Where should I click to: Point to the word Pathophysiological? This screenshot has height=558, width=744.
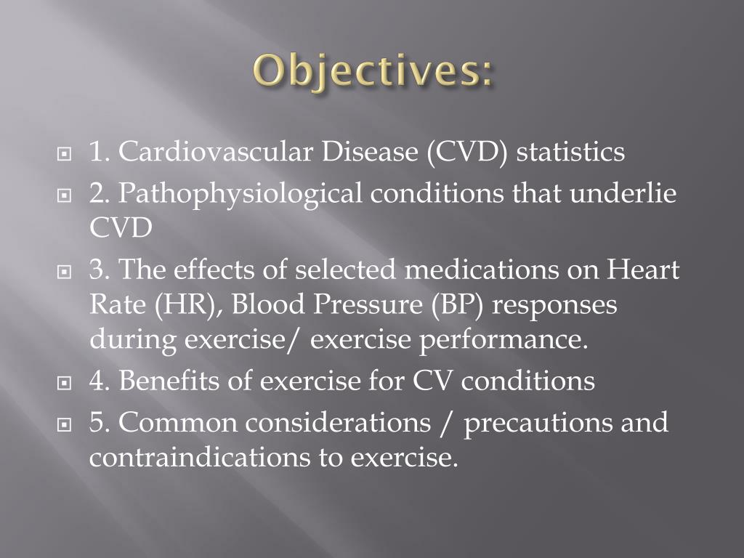click(x=240, y=195)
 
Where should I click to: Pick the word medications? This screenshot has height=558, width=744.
click(x=482, y=270)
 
